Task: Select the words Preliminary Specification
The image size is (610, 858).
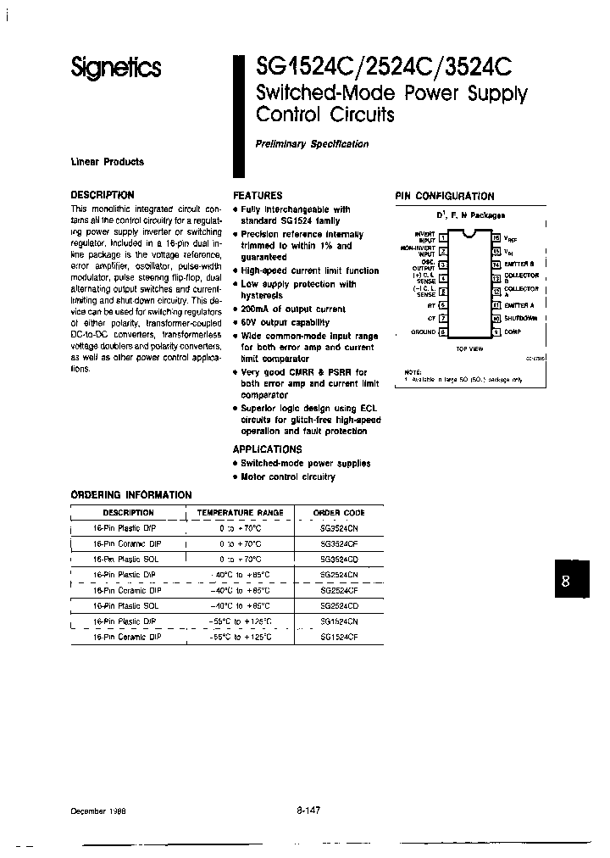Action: pos(312,144)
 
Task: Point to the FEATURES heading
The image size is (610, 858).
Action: pos(258,195)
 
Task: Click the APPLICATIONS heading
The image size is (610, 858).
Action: pos(267,449)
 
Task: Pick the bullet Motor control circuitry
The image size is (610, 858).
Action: pos(288,477)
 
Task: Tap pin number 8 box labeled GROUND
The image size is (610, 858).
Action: pos(443,332)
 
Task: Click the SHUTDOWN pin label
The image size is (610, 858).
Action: pos(521,318)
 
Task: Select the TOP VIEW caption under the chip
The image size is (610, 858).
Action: pos(469,348)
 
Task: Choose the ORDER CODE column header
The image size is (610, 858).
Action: pos(338,513)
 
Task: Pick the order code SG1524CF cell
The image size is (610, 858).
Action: pos(338,636)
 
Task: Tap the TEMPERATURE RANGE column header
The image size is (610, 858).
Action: pos(240,513)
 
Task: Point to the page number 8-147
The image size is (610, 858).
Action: pos(308,811)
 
